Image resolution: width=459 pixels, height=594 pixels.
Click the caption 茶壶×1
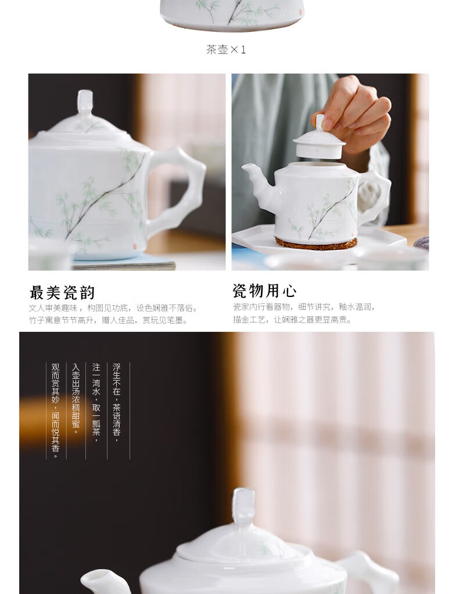point(226,50)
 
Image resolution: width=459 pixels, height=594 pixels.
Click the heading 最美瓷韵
point(62,292)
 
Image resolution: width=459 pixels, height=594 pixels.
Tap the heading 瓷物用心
point(264,291)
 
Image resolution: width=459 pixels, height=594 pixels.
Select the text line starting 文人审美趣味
point(114,309)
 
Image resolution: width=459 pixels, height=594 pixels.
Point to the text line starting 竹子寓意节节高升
point(109,320)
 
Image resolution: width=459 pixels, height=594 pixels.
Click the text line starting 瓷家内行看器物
point(304,307)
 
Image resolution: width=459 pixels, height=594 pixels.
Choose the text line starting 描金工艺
point(292,320)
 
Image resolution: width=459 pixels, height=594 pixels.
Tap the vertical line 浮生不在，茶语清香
point(116,403)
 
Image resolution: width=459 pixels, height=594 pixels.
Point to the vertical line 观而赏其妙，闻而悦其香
point(56,411)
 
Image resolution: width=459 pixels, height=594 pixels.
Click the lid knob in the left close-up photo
point(85,103)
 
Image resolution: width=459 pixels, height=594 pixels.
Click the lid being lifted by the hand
point(320,140)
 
